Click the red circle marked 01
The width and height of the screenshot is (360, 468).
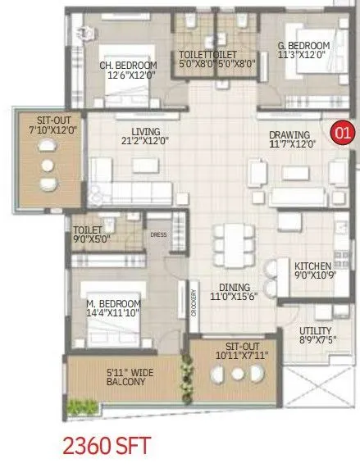point(340,131)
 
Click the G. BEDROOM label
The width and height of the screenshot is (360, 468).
point(303,45)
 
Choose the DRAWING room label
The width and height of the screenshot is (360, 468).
point(289,135)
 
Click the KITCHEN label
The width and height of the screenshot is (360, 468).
point(313,266)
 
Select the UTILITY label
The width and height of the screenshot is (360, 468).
point(315,331)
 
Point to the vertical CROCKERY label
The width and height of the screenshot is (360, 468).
point(194,304)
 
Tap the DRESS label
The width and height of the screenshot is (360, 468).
point(158,234)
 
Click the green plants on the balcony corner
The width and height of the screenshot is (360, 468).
point(83,406)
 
